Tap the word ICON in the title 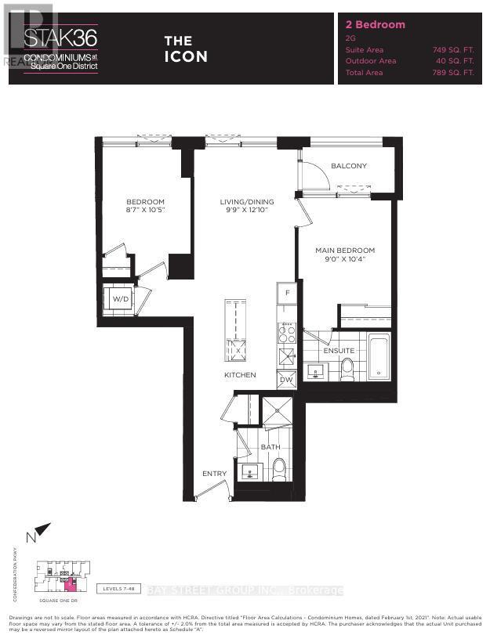coord(186,56)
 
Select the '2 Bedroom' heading coord(376,24)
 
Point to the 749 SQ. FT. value coord(453,49)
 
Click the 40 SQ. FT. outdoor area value coord(456,60)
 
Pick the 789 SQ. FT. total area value coord(453,72)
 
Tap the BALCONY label coord(349,166)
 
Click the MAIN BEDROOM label coord(345,251)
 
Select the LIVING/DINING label coord(244,202)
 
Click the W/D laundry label coord(120,299)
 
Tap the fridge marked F coord(287,293)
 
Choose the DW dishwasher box coord(287,380)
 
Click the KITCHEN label coord(240,375)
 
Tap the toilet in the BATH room coord(278,469)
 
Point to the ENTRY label coord(214,473)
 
